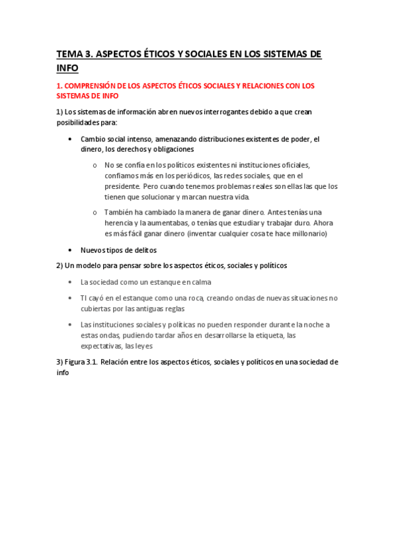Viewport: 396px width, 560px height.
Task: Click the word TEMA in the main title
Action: pyautogui.click(x=68, y=55)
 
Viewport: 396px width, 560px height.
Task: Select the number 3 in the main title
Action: pyautogui.click(x=88, y=55)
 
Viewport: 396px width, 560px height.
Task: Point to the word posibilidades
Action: pyautogui.click(x=79, y=123)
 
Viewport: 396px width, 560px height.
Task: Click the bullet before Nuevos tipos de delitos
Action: pyautogui.click(x=71, y=250)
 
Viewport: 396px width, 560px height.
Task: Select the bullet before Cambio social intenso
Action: pyautogui.click(x=71, y=139)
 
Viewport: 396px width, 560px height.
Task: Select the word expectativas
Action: pyautogui.click(x=101, y=345)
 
